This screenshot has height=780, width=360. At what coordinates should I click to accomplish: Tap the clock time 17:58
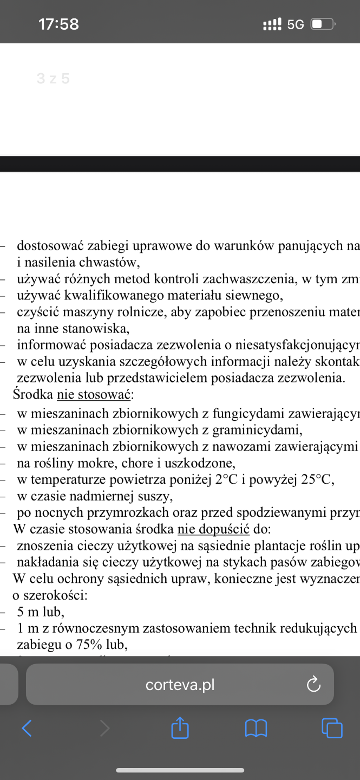[x=58, y=24]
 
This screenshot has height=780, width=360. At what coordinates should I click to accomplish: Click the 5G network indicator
[x=296, y=24]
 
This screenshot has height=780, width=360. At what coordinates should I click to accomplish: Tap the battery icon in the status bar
[x=323, y=24]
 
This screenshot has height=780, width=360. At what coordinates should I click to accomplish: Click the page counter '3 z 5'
[x=53, y=79]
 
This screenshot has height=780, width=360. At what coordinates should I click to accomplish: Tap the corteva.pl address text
[x=180, y=685]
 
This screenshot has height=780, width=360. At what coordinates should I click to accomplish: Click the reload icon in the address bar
[x=313, y=685]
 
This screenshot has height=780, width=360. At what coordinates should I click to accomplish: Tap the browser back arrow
[x=27, y=728]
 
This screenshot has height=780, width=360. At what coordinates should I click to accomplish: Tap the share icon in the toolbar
[x=180, y=728]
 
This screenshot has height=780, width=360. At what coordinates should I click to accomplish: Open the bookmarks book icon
[x=256, y=728]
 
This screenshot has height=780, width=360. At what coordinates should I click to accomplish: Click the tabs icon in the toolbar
[x=332, y=728]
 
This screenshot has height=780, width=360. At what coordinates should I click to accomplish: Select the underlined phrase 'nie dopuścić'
[x=213, y=529]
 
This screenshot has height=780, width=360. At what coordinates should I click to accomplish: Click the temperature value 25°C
[x=315, y=479]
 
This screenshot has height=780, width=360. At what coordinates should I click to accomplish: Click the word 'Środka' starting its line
[x=33, y=395]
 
